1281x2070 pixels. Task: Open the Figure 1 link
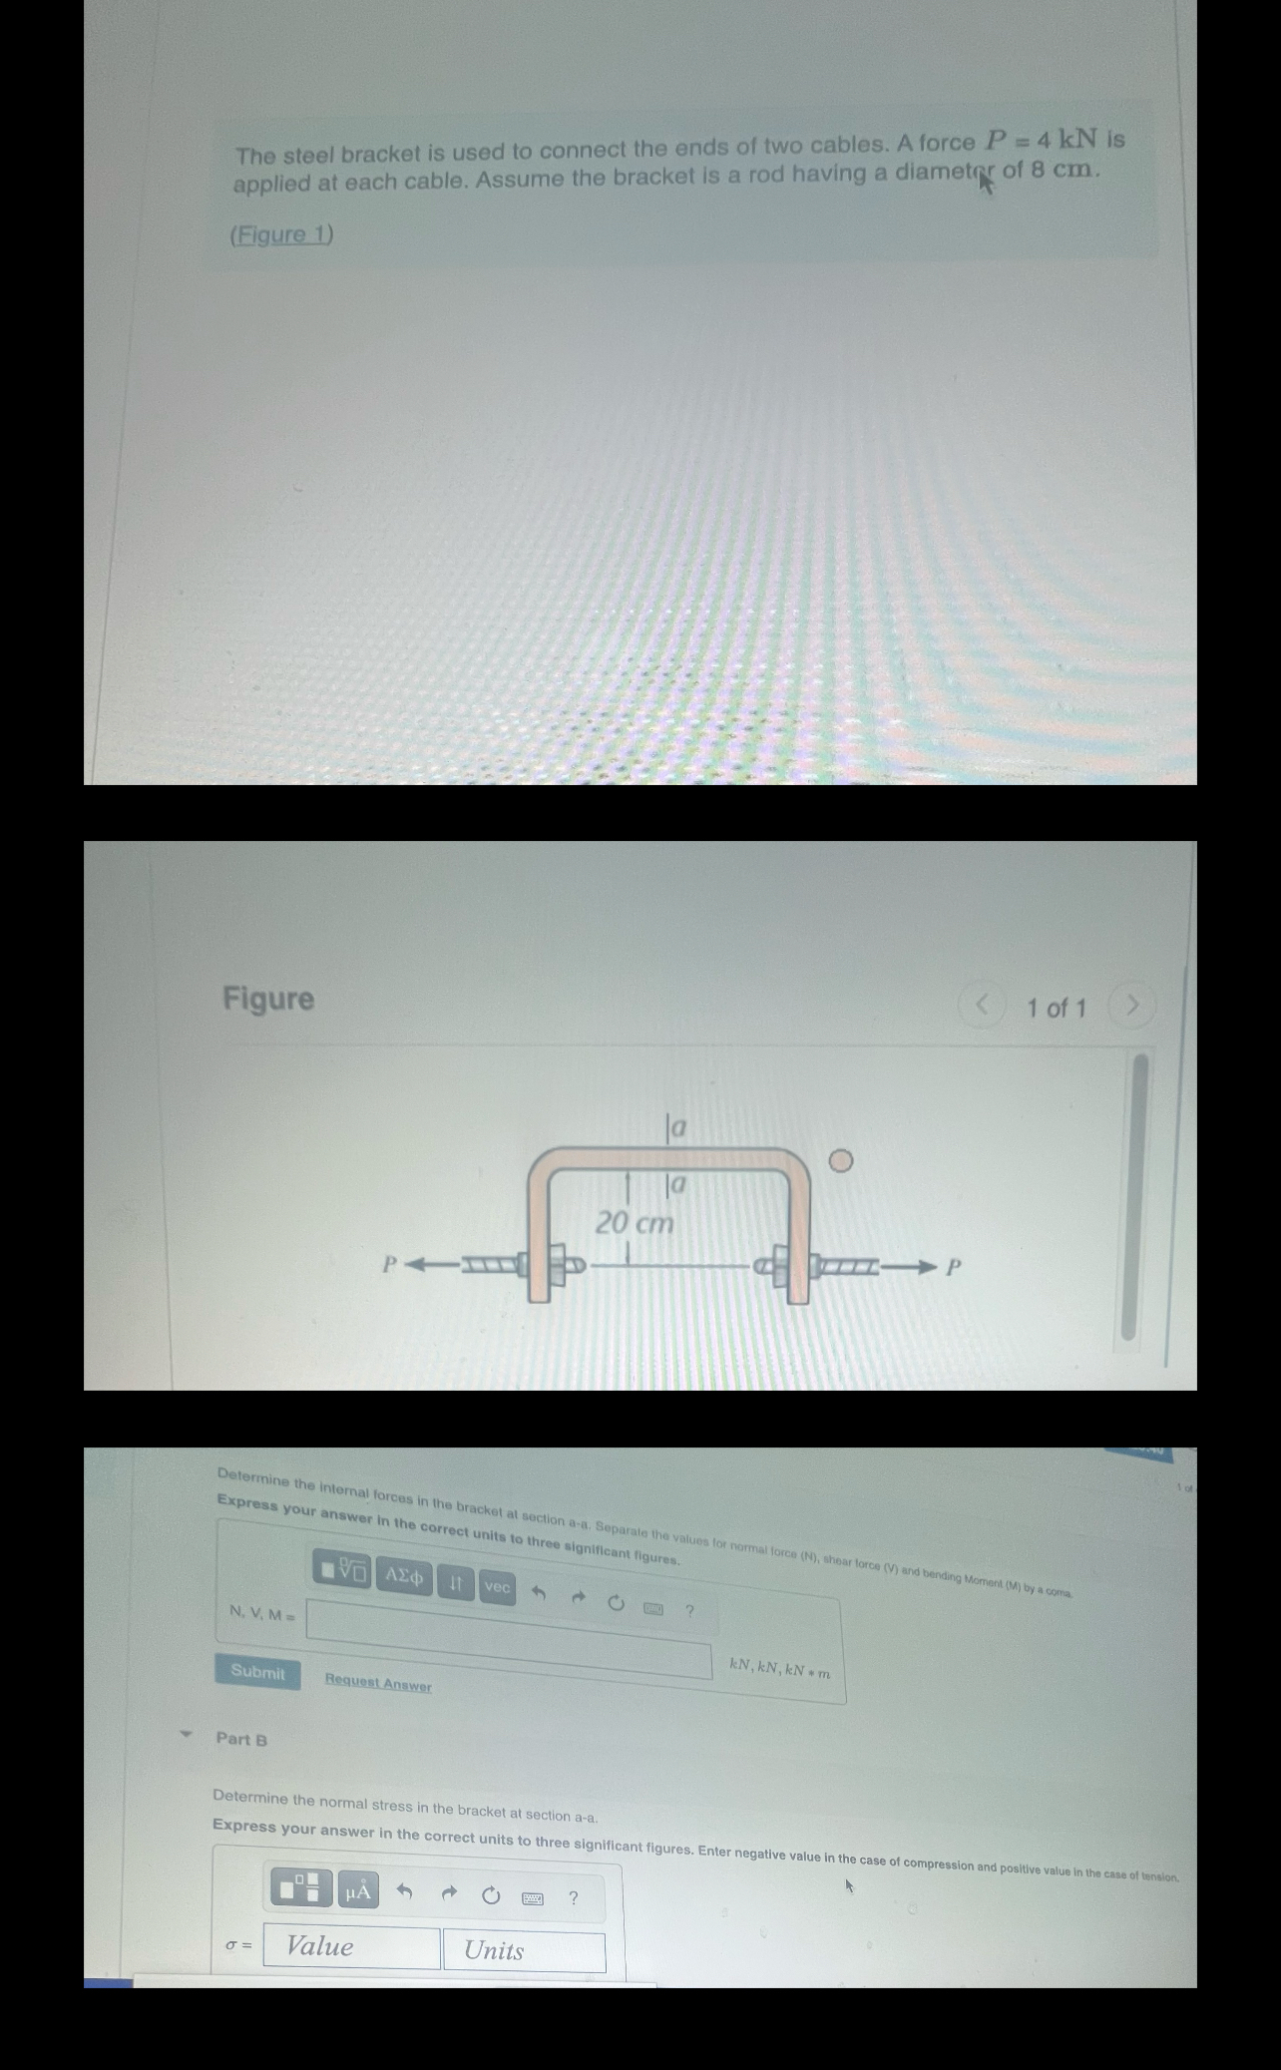click(x=281, y=234)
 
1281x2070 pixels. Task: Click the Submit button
click(x=257, y=1671)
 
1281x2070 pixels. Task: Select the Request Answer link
click(x=378, y=1684)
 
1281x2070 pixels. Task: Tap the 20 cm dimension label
click(x=635, y=1223)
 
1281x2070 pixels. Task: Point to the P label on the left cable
click(x=390, y=1265)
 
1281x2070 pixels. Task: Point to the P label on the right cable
click(x=953, y=1268)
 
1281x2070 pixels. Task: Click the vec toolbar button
click(x=497, y=1586)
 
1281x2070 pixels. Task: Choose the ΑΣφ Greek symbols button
click(x=404, y=1577)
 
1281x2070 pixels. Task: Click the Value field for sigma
click(x=351, y=1946)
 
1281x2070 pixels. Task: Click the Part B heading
click(x=241, y=1739)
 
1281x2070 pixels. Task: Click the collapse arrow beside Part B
click(x=185, y=1734)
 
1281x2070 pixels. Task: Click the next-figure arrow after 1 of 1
click(x=1131, y=1006)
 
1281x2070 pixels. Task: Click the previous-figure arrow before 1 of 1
click(x=982, y=1004)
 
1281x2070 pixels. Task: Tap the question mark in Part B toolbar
click(x=574, y=1897)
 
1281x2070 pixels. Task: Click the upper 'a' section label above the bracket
click(x=677, y=1128)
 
